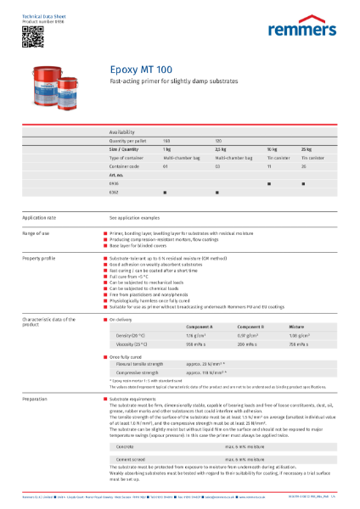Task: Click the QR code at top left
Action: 31,35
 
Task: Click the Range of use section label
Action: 39,232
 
